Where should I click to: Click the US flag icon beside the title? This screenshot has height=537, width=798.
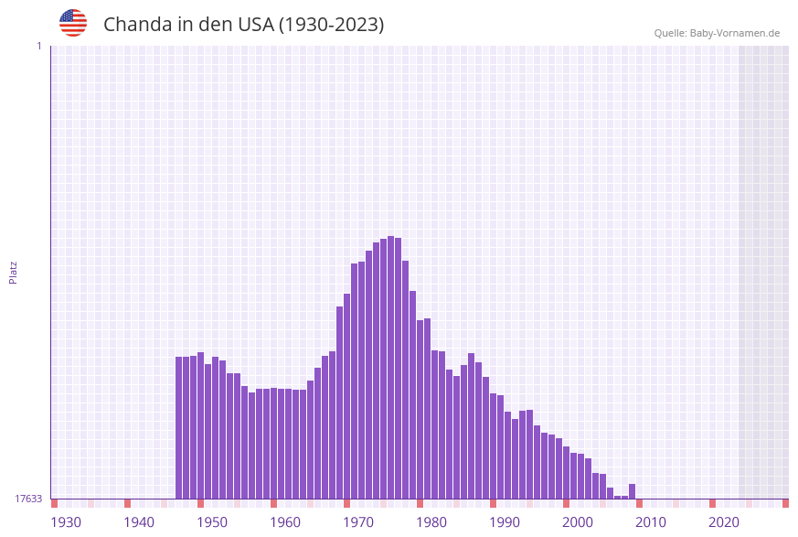73,23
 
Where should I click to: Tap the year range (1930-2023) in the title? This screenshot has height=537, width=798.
331,25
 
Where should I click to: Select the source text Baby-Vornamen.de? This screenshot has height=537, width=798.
734,33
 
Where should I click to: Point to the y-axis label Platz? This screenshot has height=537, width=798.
13,272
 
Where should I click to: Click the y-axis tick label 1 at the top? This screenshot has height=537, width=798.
38,46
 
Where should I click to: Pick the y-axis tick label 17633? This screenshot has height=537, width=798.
28,499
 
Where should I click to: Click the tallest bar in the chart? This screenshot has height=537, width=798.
390,366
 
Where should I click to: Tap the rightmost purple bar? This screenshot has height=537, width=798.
632,491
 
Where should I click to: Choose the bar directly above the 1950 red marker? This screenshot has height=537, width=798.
201,425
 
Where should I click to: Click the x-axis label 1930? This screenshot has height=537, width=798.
66,521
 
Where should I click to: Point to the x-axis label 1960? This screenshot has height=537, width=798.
285,521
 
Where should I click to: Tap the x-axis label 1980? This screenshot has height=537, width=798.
431,521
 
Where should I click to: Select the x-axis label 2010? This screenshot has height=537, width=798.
651,521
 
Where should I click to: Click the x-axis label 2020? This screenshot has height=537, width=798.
724,521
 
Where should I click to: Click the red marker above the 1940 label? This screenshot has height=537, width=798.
127,503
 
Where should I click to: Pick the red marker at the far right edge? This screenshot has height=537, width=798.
785,503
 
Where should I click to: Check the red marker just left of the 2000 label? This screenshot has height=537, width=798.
566,503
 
